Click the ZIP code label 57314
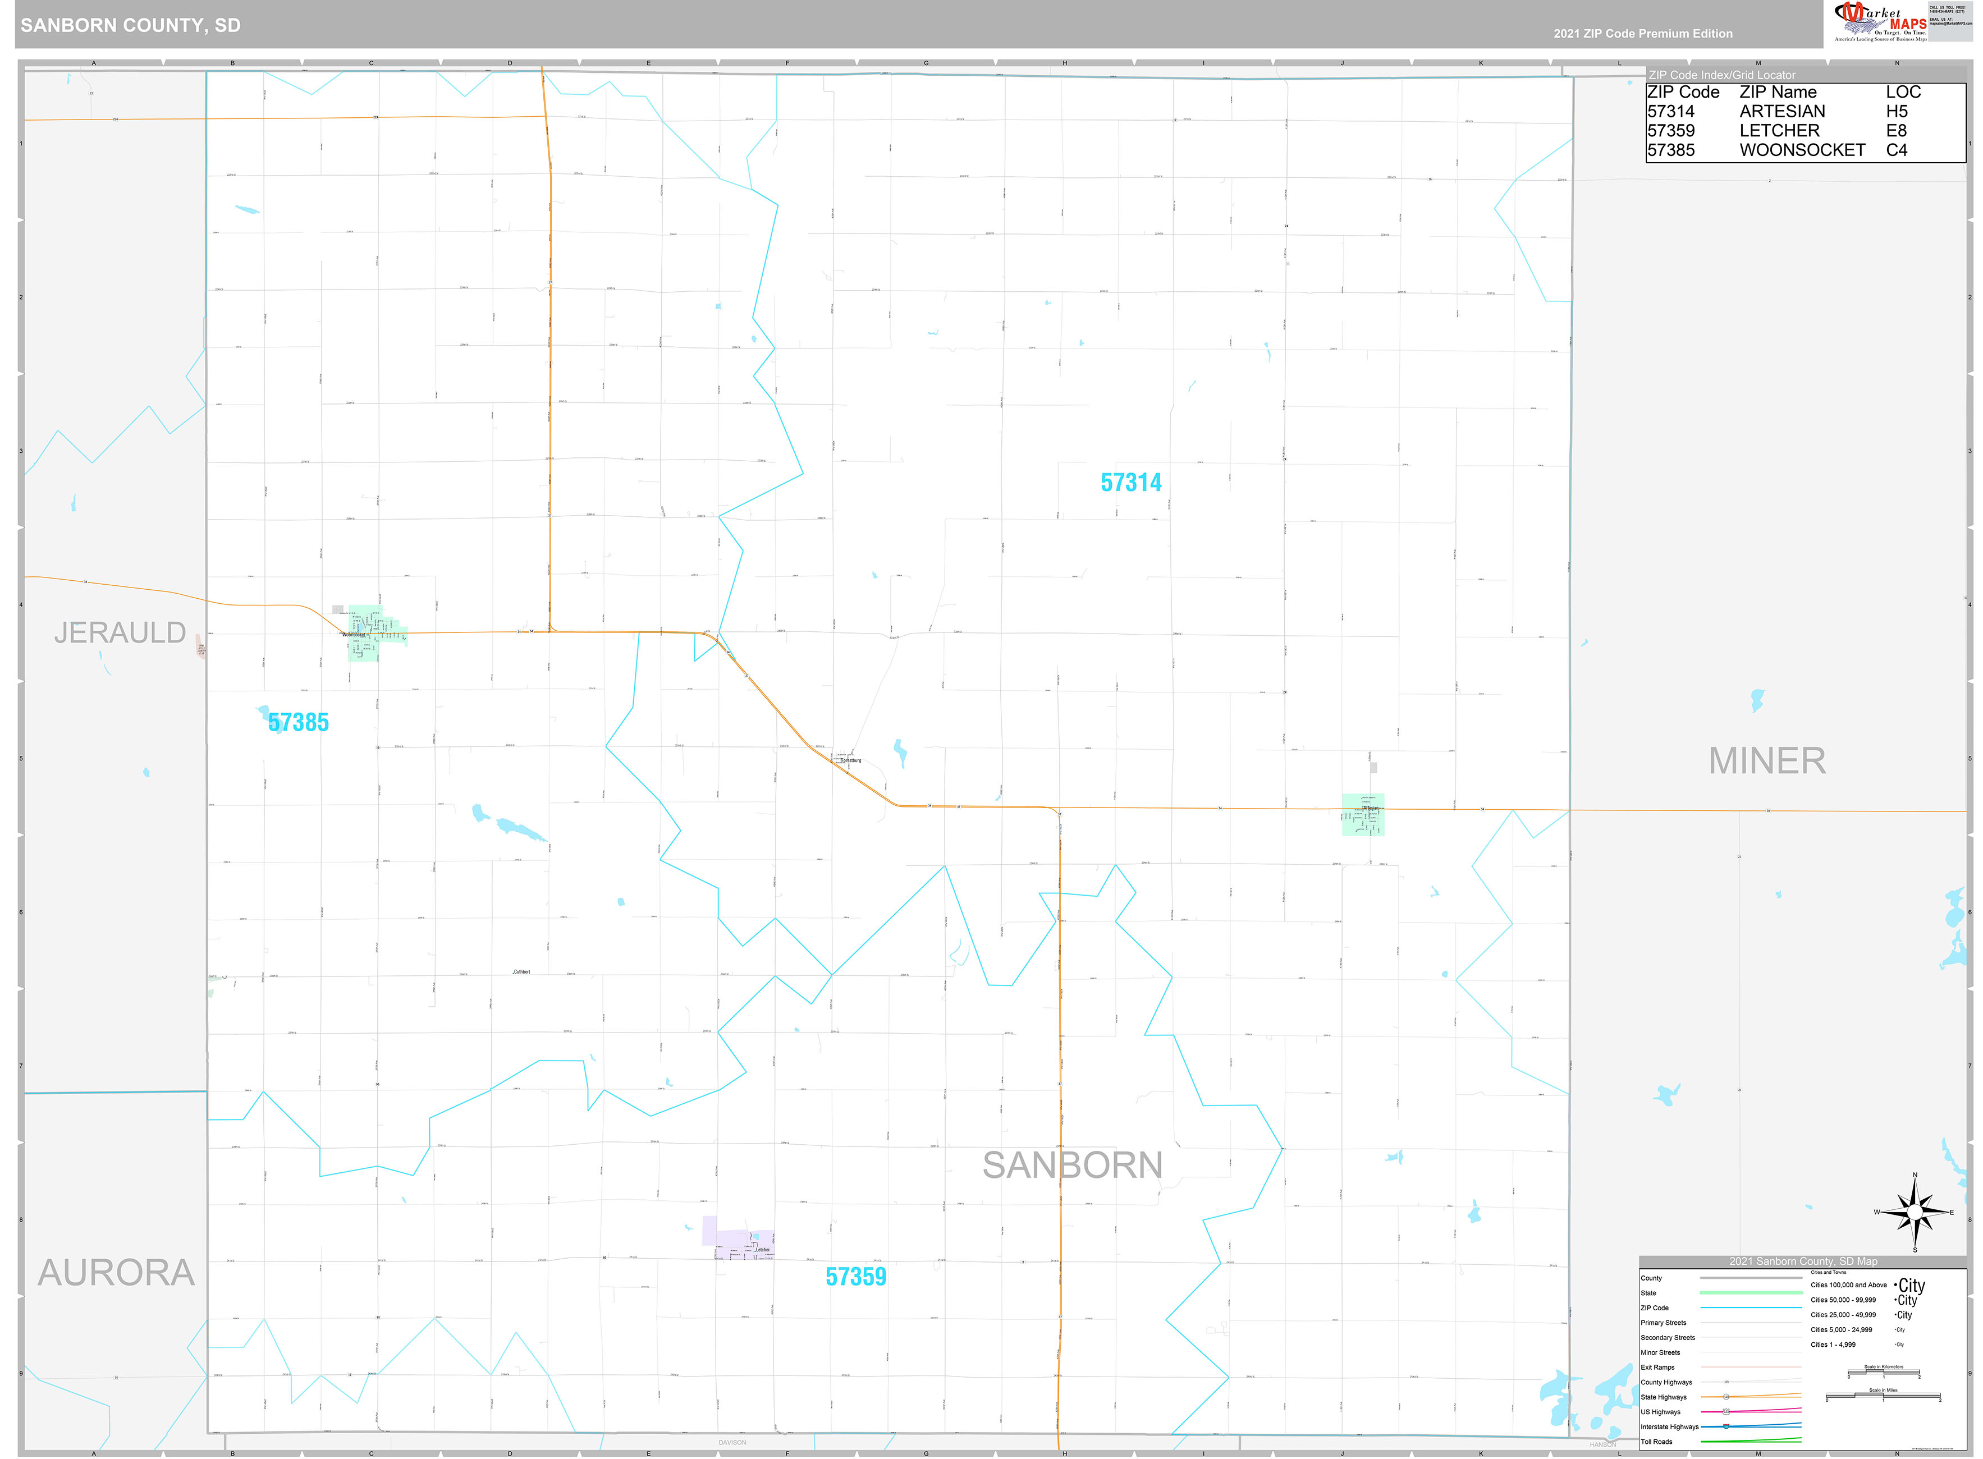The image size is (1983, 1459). tap(1130, 482)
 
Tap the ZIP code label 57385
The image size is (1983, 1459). tap(299, 722)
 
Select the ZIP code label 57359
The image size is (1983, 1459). tap(855, 1276)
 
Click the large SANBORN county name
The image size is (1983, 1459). tap(1071, 1165)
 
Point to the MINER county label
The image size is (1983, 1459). tap(1766, 760)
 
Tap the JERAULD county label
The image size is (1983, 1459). tap(120, 632)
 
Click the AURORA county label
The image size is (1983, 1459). tap(116, 1273)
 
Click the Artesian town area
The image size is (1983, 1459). tap(1362, 814)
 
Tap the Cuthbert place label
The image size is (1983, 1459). tap(521, 971)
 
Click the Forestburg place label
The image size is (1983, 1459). tap(850, 760)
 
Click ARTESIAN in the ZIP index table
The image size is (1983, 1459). tap(1782, 111)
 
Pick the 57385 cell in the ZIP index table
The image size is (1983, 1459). tap(1670, 150)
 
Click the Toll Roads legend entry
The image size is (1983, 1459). tap(1656, 1442)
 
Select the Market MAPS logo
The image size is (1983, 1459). tap(1880, 22)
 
